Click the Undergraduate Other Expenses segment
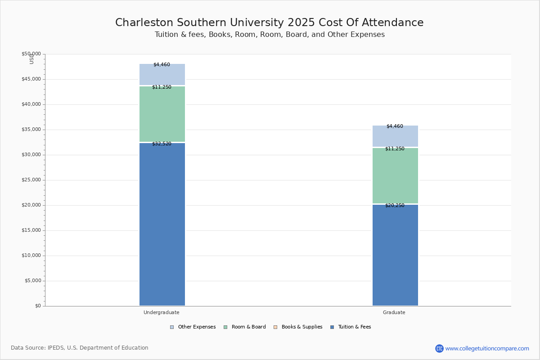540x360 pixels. (x=162, y=75)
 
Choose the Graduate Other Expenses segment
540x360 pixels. (x=395, y=136)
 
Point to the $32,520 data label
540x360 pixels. (x=162, y=144)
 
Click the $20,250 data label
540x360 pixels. (x=395, y=206)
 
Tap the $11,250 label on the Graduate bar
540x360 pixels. (x=395, y=149)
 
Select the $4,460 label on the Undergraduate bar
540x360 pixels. (x=162, y=65)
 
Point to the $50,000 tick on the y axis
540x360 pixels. (x=31, y=54)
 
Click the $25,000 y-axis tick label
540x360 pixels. (x=31, y=180)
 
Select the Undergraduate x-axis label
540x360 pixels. (x=162, y=313)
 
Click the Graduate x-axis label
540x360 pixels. (x=394, y=313)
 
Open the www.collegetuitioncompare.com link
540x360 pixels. (x=487, y=348)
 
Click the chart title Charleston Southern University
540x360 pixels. (x=269, y=23)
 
